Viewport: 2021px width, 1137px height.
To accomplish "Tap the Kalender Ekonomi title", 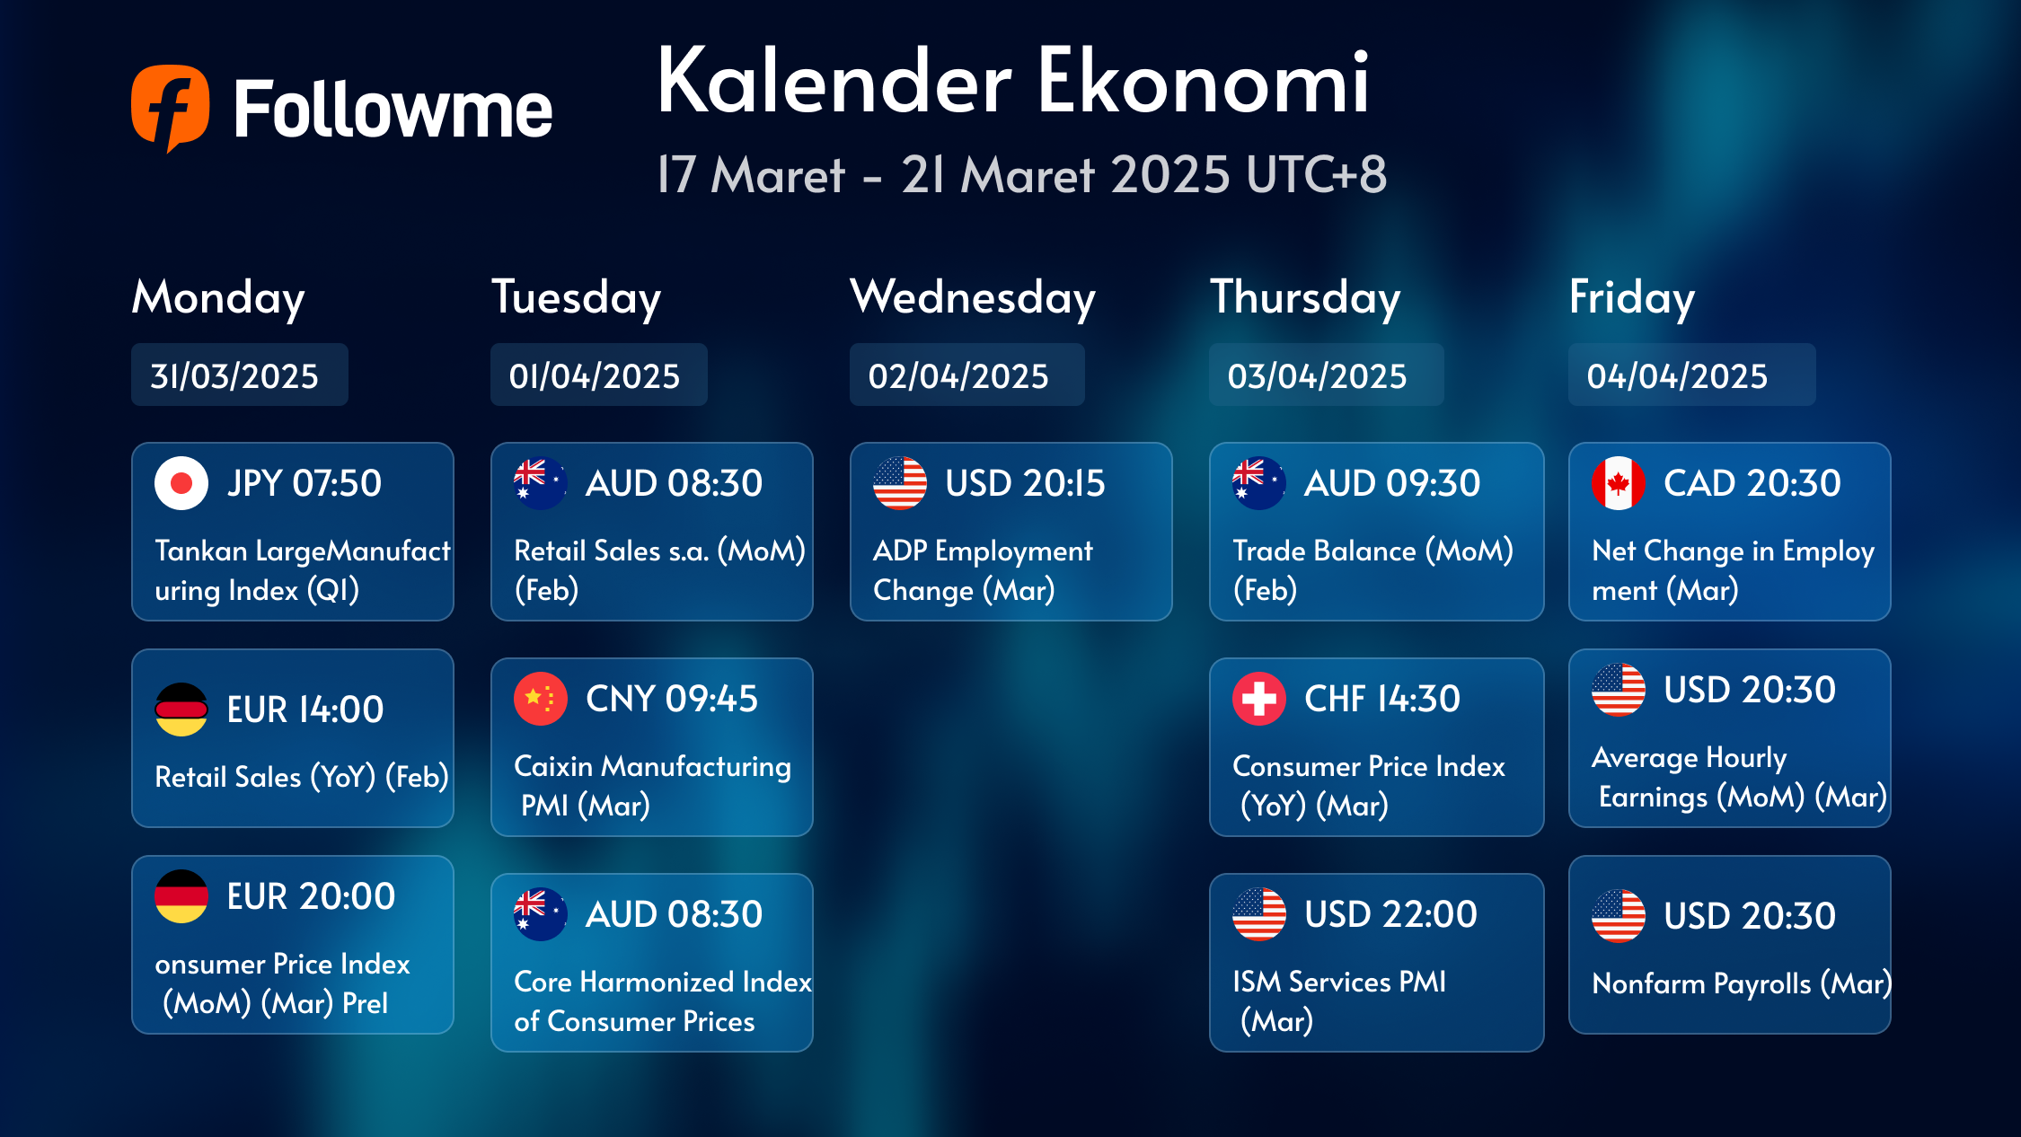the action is point(1013,82).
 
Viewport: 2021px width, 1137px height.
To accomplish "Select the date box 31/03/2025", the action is point(240,375).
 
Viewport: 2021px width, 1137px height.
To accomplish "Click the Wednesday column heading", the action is point(973,298).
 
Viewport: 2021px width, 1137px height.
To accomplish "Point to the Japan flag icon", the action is point(181,483).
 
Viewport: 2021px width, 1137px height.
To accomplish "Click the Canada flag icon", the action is point(1619,483).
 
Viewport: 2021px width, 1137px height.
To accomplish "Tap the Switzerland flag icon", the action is point(1259,699).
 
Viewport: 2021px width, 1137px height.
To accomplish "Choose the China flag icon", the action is point(541,699).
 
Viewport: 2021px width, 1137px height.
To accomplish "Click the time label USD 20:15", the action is point(1025,483).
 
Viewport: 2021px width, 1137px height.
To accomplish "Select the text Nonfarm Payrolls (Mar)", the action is point(1742,984).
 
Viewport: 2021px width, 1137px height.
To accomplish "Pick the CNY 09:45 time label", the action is point(672,699).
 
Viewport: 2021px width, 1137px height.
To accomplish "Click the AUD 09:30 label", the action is point(1392,483).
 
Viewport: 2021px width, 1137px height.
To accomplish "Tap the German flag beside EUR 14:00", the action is point(181,710).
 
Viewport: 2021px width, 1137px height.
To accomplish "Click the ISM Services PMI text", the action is point(1339,982).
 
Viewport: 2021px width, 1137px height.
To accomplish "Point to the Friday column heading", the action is point(1632,298).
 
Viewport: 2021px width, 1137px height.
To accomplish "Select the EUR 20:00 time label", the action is point(311,896).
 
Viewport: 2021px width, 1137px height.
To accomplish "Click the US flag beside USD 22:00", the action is point(1259,914).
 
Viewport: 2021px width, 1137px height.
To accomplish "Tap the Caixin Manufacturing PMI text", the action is point(652,786).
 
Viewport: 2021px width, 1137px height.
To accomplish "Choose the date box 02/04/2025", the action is point(967,375).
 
